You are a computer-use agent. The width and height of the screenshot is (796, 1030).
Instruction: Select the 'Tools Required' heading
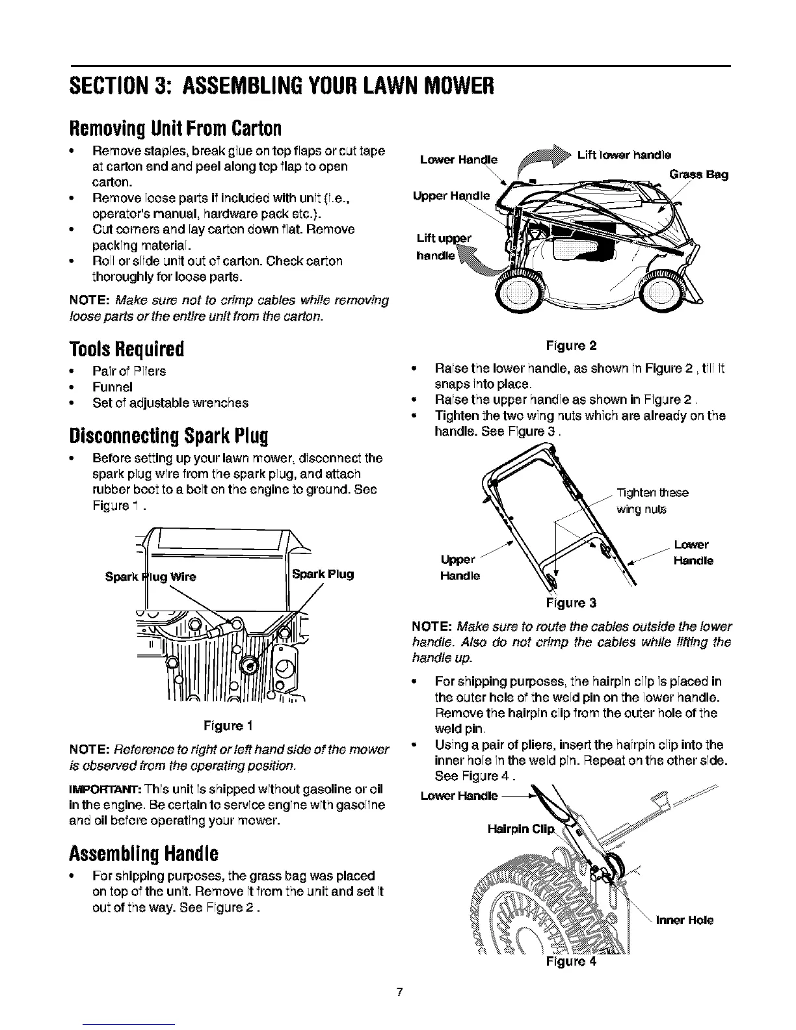(127, 349)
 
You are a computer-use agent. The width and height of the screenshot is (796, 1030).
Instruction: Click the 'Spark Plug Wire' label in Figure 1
(151, 576)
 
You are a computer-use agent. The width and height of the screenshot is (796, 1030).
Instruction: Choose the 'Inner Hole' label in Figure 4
(685, 920)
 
